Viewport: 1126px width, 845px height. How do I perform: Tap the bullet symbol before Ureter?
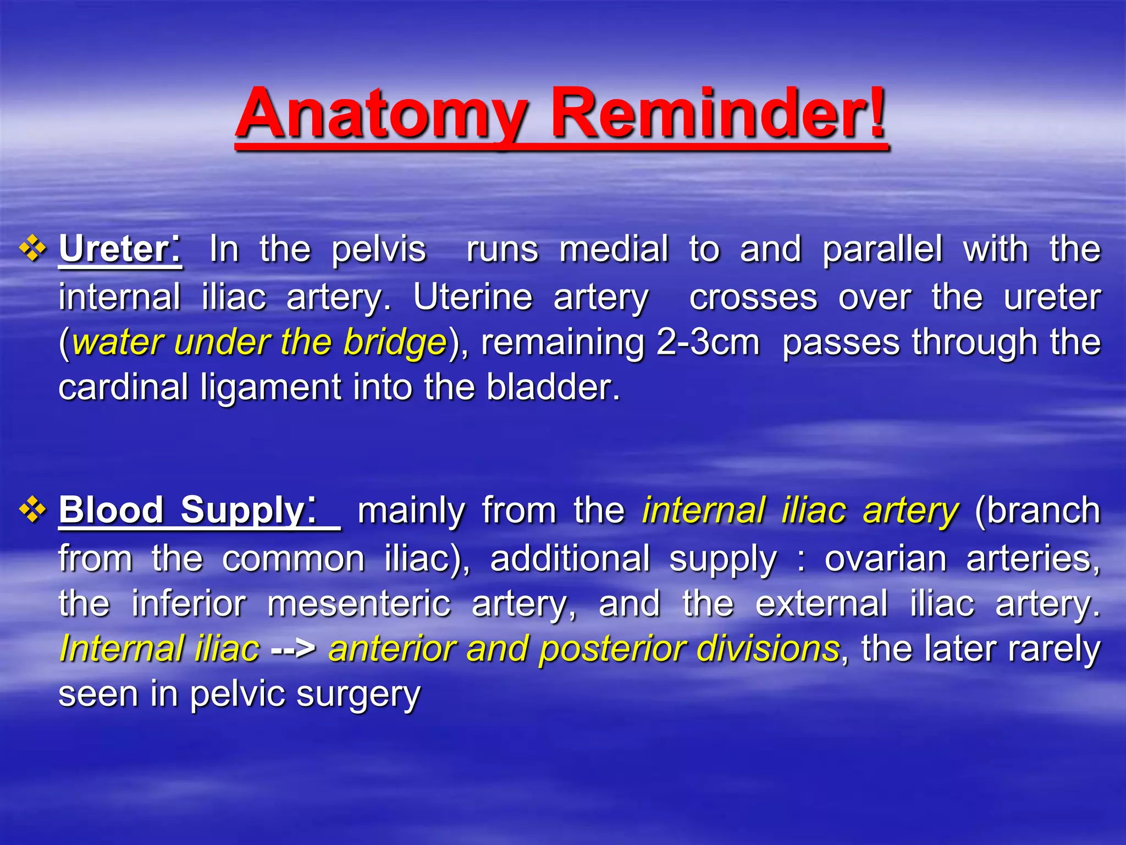click(x=33, y=249)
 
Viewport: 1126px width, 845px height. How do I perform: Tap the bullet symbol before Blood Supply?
click(x=33, y=509)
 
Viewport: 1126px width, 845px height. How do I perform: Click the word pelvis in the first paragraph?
click(x=379, y=250)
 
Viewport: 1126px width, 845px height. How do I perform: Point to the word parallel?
click(x=882, y=250)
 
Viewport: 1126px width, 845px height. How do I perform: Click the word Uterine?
click(x=472, y=298)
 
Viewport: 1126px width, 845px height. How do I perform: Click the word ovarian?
click(x=885, y=559)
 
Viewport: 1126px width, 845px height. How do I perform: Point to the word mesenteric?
click(x=358, y=604)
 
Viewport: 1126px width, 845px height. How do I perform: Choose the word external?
click(x=821, y=604)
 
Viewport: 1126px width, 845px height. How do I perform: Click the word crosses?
click(x=753, y=298)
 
